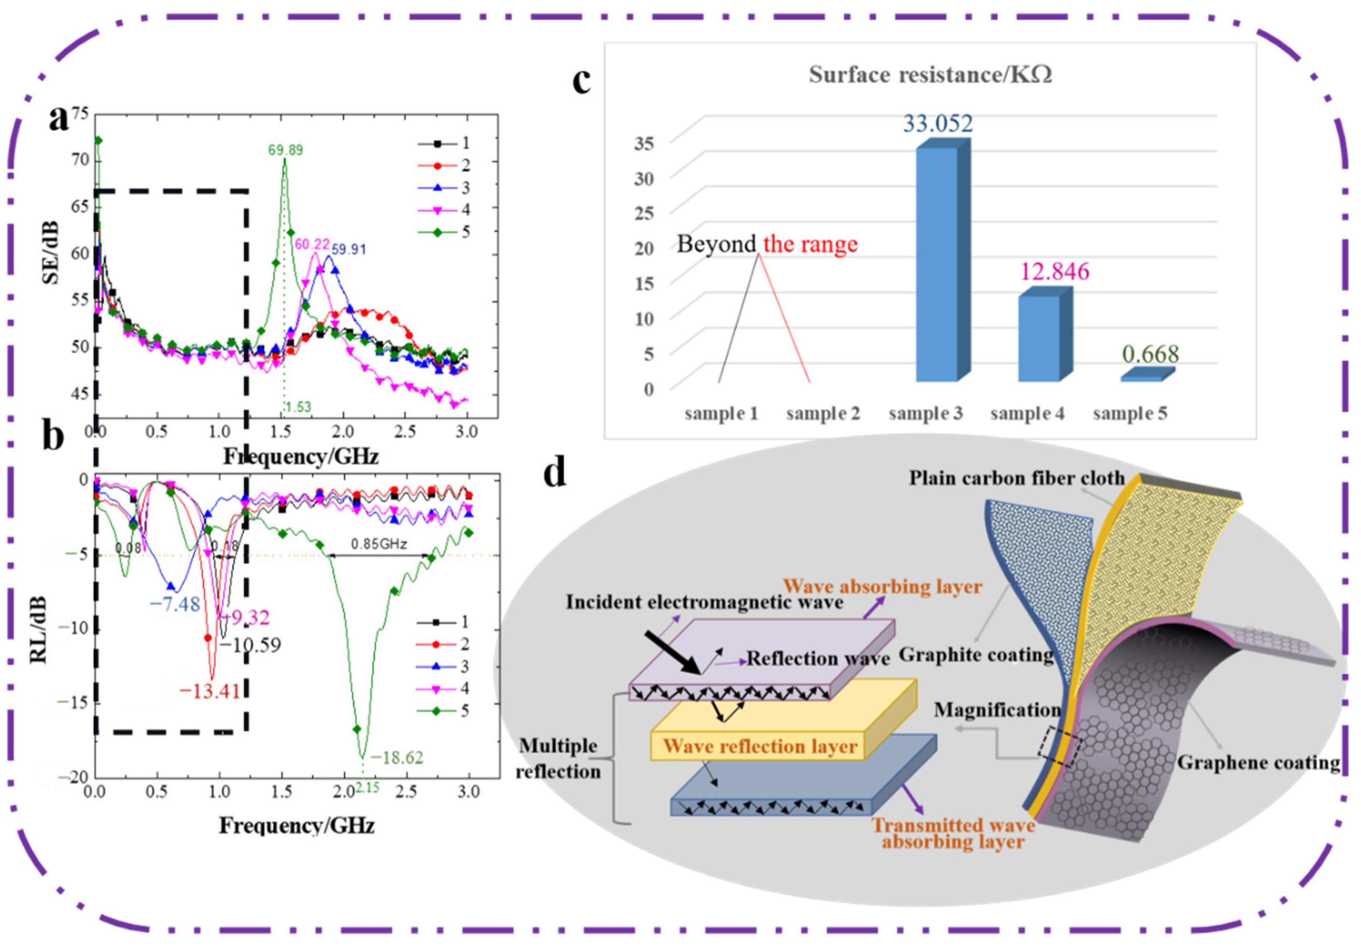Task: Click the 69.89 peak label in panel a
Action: click(285, 150)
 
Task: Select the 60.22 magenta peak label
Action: click(312, 244)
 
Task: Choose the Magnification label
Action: click(997, 710)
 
